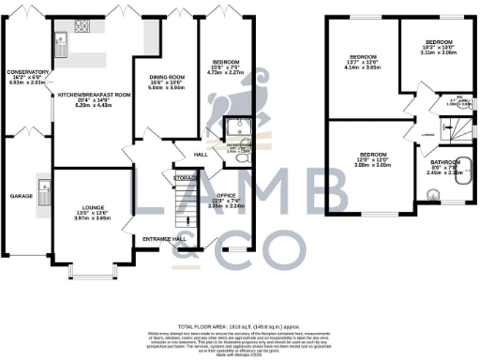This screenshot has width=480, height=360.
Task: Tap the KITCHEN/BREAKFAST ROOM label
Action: tap(92, 96)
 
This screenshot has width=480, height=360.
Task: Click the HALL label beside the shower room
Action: tap(201, 155)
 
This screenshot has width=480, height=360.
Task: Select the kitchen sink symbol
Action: tap(61, 39)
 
